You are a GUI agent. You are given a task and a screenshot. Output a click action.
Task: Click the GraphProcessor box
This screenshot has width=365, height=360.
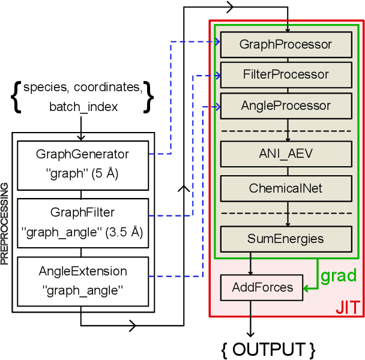tap(285, 44)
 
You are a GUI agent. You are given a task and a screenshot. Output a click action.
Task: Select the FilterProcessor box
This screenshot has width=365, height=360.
tap(285, 75)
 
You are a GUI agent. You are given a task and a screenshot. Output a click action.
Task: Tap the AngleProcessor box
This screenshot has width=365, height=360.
tap(285, 106)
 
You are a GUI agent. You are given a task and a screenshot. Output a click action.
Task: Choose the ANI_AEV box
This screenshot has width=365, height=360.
tap(285, 154)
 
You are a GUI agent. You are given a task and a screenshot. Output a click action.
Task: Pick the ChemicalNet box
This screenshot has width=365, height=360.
tap(285, 188)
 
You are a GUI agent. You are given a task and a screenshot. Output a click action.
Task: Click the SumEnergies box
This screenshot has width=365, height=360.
tap(285, 239)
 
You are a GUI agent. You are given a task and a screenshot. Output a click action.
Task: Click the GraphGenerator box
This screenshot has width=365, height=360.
tap(82, 161)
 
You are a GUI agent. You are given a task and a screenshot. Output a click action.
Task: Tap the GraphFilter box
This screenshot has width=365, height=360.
tap(82, 222)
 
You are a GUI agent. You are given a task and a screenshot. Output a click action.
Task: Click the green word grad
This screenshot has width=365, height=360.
tap(339, 277)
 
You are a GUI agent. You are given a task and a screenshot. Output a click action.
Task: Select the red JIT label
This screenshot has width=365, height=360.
tap(348, 308)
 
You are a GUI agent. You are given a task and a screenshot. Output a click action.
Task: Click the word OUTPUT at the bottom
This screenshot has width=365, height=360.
tap(267, 349)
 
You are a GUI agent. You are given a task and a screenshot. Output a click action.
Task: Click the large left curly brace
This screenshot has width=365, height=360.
tap(16, 96)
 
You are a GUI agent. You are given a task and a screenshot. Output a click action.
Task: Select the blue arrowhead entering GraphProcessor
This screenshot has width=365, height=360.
tap(217, 42)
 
